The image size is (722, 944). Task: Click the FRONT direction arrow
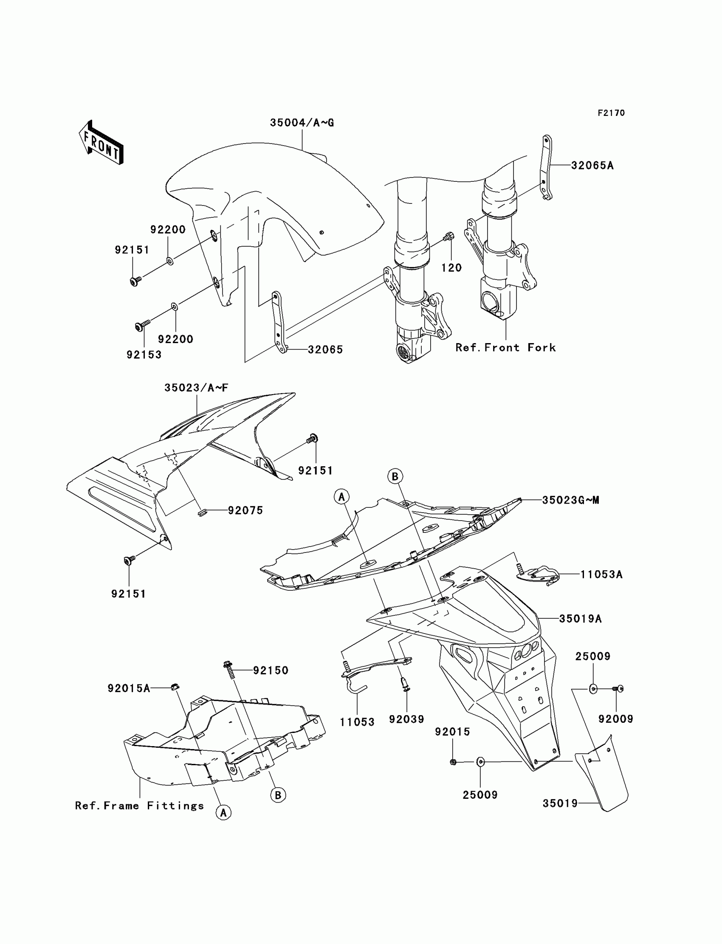(102, 143)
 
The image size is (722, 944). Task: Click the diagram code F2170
(611, 113)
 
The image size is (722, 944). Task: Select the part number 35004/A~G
(302, 123)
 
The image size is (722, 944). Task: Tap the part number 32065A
(592, 166)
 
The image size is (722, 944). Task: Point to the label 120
(451, 268)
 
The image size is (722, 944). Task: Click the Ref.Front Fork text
(505, 347)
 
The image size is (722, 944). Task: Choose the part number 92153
(144, 355)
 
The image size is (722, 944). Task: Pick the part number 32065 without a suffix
(325, 349)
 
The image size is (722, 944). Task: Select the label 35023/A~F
(196, 388)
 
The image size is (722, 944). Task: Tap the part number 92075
(245, 510)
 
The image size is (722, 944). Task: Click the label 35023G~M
(570, 500)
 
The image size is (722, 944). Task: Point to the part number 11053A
(601, 574)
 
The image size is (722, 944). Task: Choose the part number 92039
(406, 719)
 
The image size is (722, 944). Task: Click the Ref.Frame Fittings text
(139, 805)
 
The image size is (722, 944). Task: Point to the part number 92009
(616, 719)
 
